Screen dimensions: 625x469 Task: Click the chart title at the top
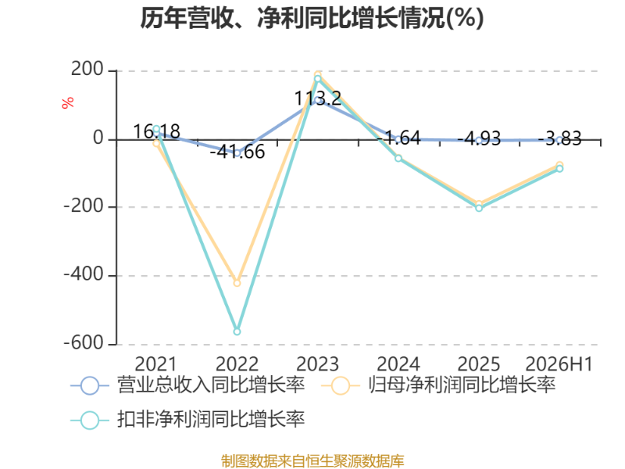312,18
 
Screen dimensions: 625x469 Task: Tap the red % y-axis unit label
68,102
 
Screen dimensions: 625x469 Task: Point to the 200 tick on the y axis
87,69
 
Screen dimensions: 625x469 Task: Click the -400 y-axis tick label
84,274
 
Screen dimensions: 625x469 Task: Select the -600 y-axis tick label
84,343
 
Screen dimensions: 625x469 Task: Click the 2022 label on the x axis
237,364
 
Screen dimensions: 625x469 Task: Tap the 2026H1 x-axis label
559,364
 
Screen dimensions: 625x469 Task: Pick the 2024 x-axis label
398,364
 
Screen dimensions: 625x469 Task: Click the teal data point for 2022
237,331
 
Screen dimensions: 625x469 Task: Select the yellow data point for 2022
237,283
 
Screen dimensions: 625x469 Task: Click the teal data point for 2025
479,208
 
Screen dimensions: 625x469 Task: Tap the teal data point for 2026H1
559,169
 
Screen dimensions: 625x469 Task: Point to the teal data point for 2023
318,79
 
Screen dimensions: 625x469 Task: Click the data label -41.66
237,152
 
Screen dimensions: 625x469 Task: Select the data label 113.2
318,98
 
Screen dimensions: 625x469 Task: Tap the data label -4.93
479,139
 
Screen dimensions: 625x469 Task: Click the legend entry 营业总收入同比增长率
187,385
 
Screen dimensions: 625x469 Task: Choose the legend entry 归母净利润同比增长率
438,385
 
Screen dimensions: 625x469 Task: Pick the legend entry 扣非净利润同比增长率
187,420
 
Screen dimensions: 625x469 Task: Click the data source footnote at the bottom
312,461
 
